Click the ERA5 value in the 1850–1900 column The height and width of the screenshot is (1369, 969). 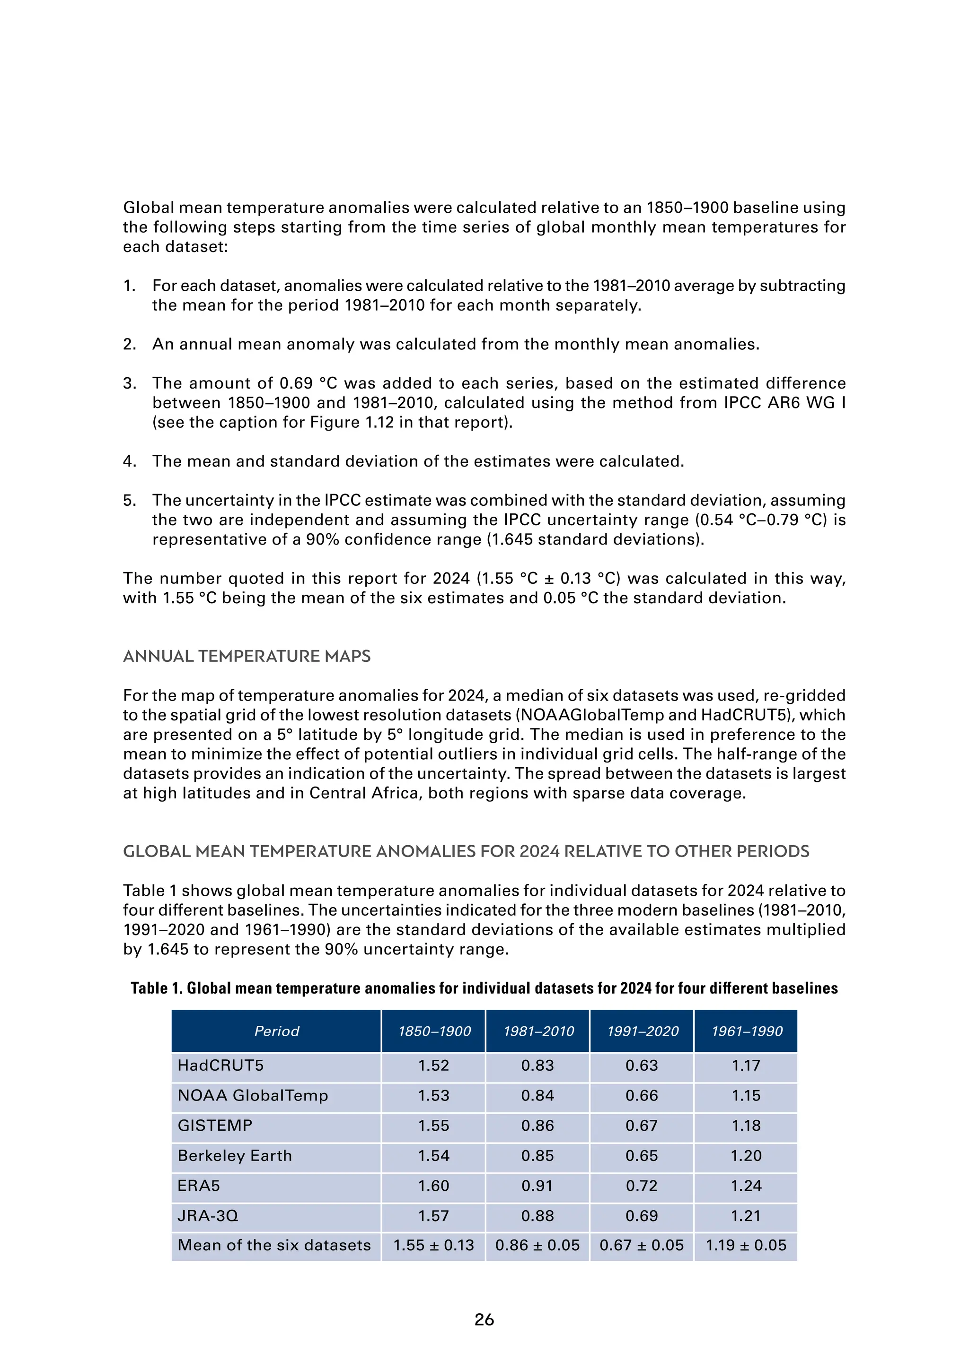click(x=433, y=1186)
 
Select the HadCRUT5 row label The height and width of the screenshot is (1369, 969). click(x=220, y=1066)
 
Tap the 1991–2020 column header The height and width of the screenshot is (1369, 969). click(x=642, y=1031)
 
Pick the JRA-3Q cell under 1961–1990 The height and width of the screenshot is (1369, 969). click(x=746, y=1216)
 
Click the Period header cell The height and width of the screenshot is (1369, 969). click(x=276, y=1031)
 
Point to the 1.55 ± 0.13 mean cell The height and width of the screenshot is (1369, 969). click(x=433, y=1246)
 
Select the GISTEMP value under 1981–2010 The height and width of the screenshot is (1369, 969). click(x=537, y=1126)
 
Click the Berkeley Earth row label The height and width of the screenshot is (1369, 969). click(x=235, y=1155)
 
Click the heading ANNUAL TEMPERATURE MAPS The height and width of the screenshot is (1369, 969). click(x=247, y=657)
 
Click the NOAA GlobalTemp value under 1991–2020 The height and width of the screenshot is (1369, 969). click(x=642, y=1096)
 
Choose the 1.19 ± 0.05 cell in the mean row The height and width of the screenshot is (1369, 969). click(x=746, y=1246)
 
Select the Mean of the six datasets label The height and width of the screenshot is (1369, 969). click(x=274, y=1246)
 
